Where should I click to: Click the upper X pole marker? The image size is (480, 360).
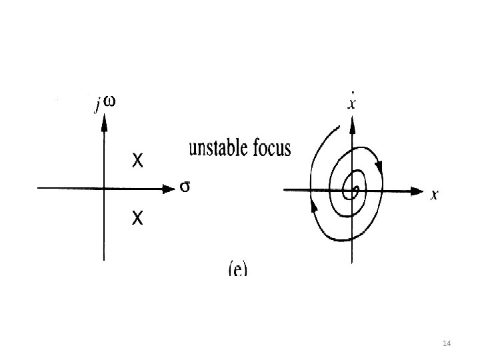137,161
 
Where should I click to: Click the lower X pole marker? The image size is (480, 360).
137,217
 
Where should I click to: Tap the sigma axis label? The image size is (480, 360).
185,188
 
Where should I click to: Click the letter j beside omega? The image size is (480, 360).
97,105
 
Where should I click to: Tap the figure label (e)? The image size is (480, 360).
237,269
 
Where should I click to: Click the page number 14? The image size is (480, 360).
447,343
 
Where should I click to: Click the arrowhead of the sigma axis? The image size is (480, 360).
168,189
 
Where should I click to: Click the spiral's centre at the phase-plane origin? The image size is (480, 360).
355,191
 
